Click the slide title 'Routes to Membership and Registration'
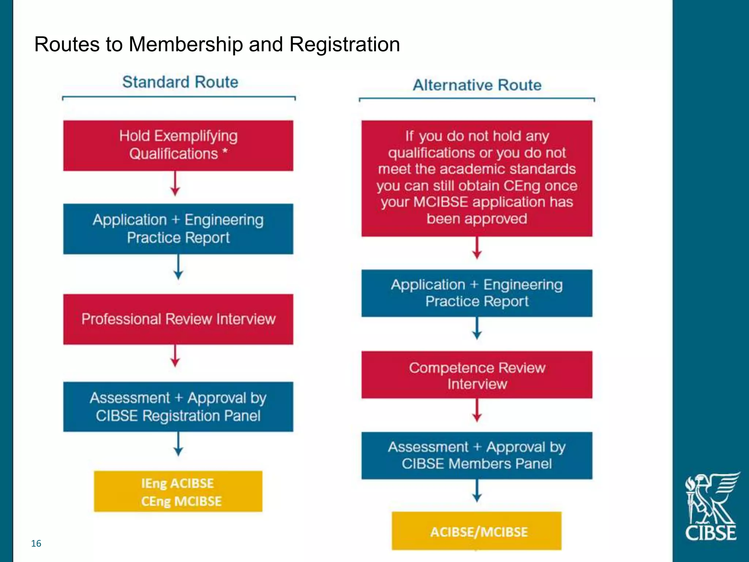[217, 45]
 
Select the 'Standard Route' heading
[180, 82]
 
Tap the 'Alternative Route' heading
[477, 85]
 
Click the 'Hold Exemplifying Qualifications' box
[178, 145]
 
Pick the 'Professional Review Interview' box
[178, 319]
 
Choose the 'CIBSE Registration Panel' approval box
[178, 406]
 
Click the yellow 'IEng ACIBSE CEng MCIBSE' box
[178, 491]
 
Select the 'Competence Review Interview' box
[477, 375]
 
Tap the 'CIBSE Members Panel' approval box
[477, 456]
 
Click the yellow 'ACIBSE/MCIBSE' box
[477, 531]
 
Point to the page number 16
[36, 543]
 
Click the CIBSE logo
[711, 507]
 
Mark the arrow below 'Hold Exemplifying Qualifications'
[175, 184]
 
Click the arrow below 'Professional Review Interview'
[175, 356]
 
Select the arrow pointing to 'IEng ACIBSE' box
[178, 444]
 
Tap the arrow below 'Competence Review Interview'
[477, 410]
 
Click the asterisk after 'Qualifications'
[225, 151]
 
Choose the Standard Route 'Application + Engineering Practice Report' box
[178, 229]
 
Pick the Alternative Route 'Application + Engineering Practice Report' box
[477, 293]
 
